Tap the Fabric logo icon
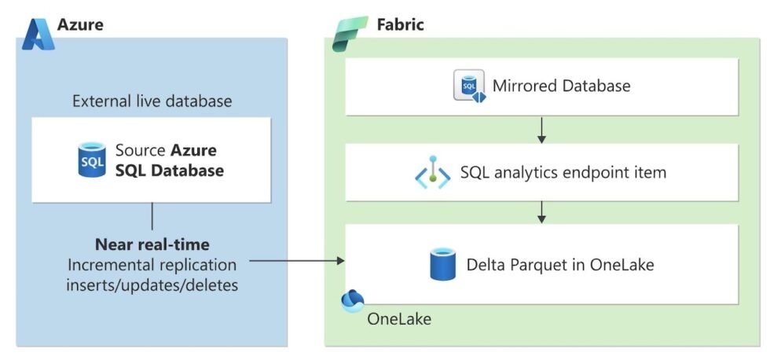pos(350,33)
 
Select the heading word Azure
pos(80,24)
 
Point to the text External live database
pos(152,101)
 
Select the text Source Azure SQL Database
pos(168,160)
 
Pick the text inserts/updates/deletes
pos(152,284)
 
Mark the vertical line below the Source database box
pos(152,215)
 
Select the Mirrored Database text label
pos(561,85)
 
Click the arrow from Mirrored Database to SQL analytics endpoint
pos(541,130)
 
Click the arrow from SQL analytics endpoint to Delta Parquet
pos(541,211)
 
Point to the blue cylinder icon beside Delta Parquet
pos(443,264)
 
